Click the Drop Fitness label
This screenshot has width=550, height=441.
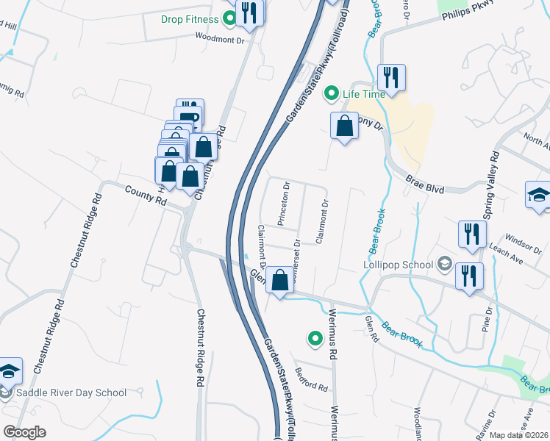(190, 19)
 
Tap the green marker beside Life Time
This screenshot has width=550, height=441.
(331, 93)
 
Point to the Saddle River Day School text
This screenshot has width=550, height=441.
(73, 392)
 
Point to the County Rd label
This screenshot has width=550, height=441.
(145, 196)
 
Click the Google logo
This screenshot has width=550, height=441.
(24, 432)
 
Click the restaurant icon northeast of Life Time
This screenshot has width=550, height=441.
(392, 77)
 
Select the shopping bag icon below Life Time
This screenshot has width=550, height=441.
(344, 126)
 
